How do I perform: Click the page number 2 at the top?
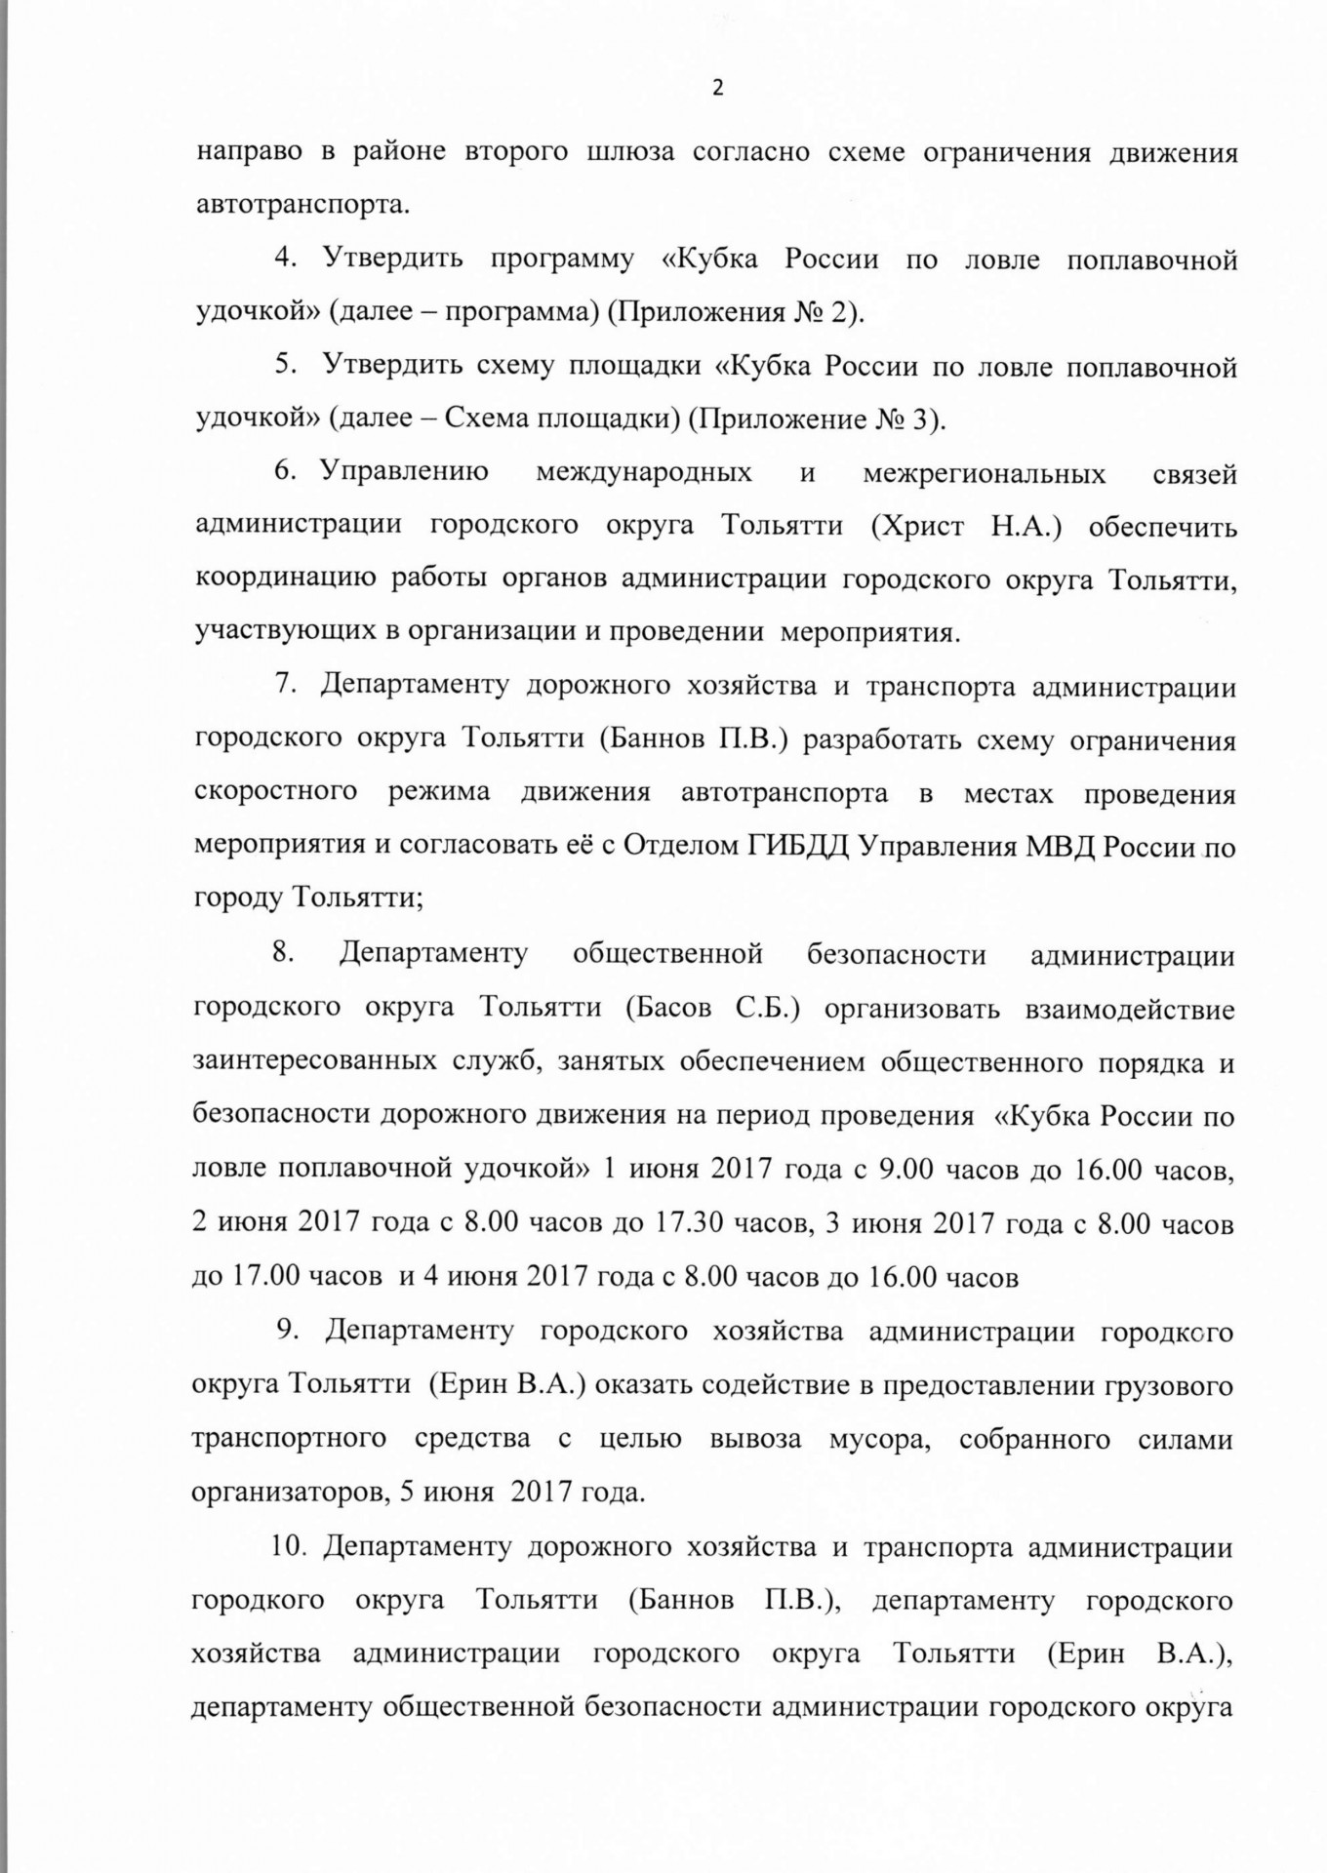(718, 89)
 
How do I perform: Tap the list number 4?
(285, 260)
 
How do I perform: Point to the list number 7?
(285, 685)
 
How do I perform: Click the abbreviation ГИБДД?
(797, 846)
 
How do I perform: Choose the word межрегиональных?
(985, 474)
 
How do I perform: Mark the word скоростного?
(276, 791)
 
